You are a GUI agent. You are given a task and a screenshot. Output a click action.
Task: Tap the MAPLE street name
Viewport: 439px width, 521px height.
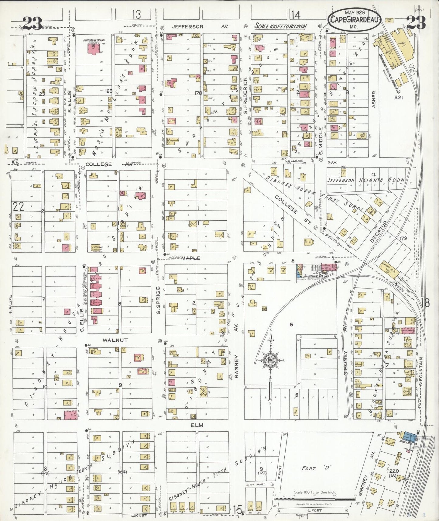(191, 258)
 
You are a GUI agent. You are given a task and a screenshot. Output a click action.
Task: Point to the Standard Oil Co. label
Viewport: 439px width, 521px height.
(313, 276)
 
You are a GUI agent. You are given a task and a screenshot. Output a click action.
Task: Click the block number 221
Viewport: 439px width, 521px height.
(398, 97)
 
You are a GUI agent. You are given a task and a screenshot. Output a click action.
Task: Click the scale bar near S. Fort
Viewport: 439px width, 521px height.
(315, 497)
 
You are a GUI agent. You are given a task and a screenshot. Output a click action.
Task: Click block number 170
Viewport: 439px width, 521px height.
(198, 93)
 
